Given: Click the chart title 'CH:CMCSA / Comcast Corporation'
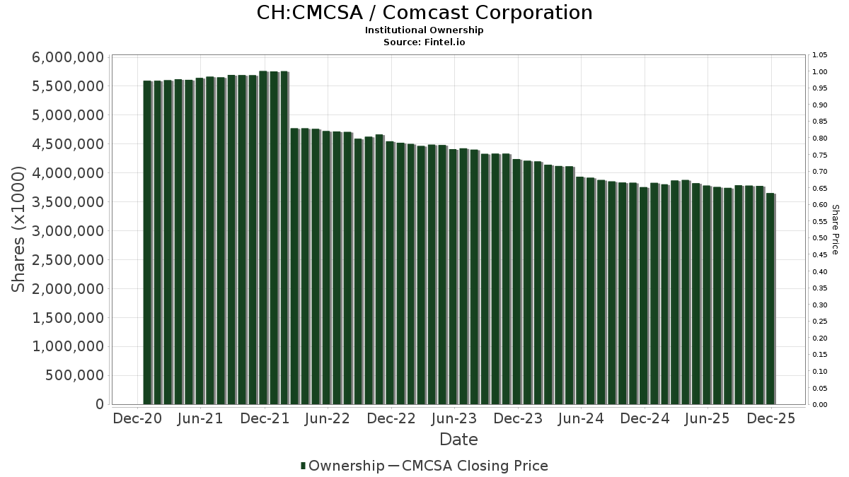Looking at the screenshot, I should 424,13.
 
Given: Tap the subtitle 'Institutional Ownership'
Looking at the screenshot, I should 424,30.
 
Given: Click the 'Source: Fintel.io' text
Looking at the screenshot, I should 424,42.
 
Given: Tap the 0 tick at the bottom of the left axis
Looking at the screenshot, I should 100,404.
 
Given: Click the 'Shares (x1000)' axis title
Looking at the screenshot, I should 19,230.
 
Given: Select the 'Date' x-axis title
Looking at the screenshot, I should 458,440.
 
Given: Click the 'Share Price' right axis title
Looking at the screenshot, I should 835,230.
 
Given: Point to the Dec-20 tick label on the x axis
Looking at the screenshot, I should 137,418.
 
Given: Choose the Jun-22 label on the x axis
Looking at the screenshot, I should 327,418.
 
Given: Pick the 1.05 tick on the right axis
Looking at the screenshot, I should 820,55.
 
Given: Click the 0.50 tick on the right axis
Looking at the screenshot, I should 820,238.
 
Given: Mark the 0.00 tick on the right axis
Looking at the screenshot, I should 820,405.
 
